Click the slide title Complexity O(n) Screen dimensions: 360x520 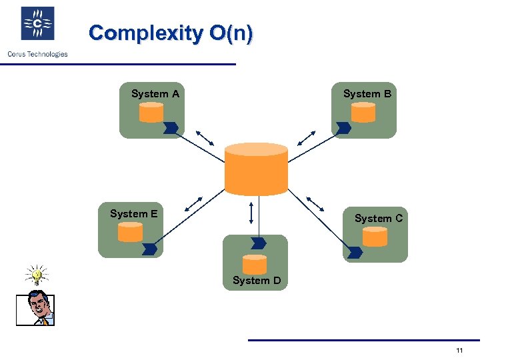pyautogui.click(x=171, y=33)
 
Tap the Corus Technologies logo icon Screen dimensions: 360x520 pyautogui.click(x=37, y=24)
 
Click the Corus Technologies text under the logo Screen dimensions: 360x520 pyautogui.click(x=37, y=54)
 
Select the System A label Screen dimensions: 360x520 pyautogui.click(x=155, y=94)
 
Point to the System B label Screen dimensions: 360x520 pyautogui.click(x=367, y=94)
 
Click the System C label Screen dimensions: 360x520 pyautogui.click(x=378, y=218)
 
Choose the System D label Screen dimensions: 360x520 pyautogui.click(x=257, y=281)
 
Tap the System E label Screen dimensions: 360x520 pyautogui.click(x=134, y=214)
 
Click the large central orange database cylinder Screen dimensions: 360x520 pyautogui.click(x=257, y=169)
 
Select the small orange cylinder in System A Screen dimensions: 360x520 pyautogui.click(x=151, y=113)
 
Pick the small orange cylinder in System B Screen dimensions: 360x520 pyautogui.click(x=363, y=113)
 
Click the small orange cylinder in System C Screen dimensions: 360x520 pyautogui.click(x=375, y=237)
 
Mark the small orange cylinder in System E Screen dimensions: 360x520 pyautogui.click(x=130, y=232)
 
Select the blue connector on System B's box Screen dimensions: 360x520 pyautogui.click(x=343, y=127)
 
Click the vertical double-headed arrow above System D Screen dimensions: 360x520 pyautogui.click(x=251, y=211)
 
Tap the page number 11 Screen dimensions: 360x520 pyautogui.click(x=459, y=351)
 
